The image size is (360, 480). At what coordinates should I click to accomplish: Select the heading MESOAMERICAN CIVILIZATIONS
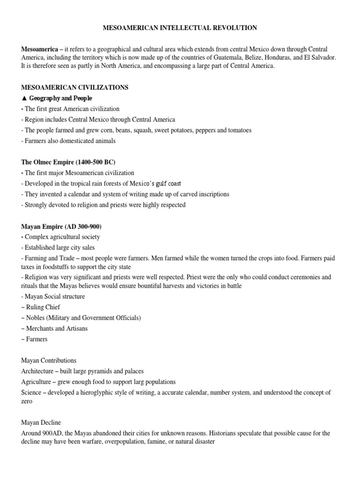(75, 88)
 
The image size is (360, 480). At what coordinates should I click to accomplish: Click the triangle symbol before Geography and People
(24, 98)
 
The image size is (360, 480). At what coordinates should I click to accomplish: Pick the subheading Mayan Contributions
(49, 360)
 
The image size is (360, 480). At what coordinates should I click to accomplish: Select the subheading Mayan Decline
(41, 423)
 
